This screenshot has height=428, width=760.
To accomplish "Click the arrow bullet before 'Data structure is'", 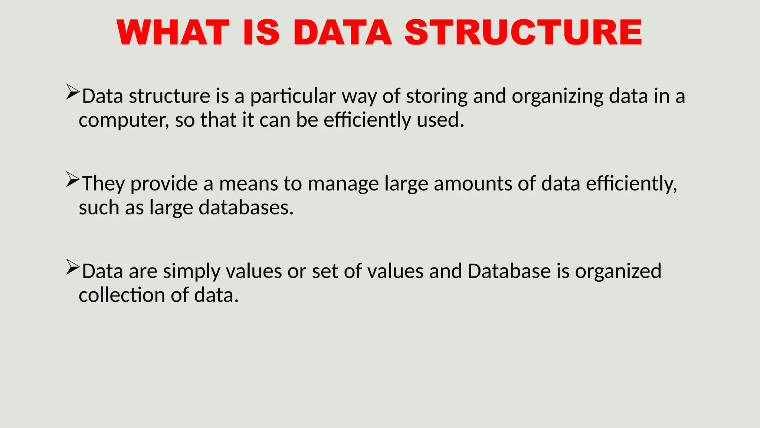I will [x=73, y=92].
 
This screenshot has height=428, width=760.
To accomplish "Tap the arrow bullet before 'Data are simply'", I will [x=73, y=267].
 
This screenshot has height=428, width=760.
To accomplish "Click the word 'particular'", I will [x=293, y=97].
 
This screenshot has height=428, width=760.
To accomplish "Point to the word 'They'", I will [x=103, y=184].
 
